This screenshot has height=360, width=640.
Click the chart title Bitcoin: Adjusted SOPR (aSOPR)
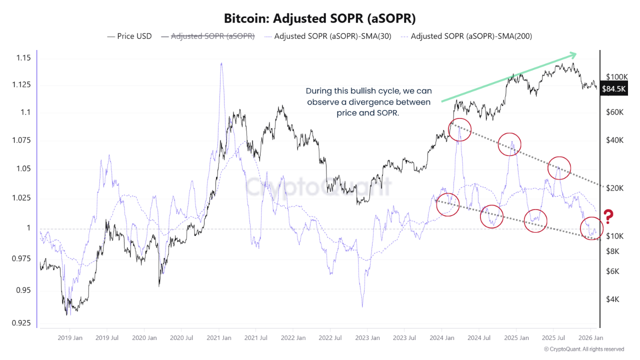click(320, 18)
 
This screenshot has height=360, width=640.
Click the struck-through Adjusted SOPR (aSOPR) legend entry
click(213, 36)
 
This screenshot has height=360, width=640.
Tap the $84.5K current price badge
click(613, 89)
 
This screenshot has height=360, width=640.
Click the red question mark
click(608, 216)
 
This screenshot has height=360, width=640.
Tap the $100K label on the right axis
click(616, 77)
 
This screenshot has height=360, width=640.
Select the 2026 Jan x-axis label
click(589, 338)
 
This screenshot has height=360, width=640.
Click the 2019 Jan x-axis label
click(70, 338)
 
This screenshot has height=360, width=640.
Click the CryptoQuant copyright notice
click(583, 349)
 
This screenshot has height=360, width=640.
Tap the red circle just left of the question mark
click(592, 228)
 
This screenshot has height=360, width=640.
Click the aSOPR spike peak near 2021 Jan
click(221, 63)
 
